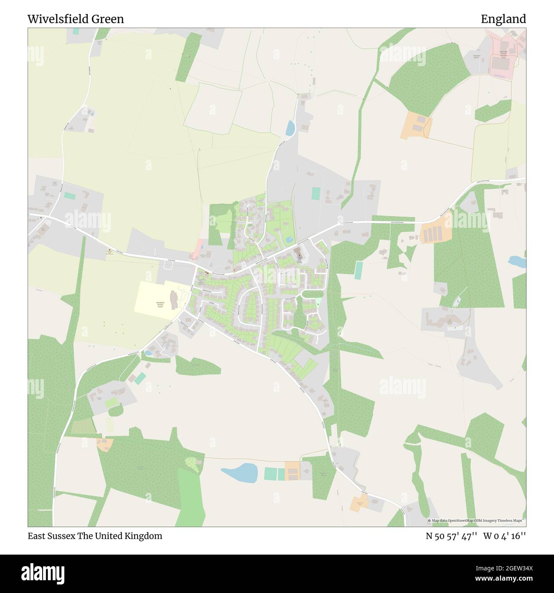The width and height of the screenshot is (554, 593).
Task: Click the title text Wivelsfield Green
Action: [x=76, y=19]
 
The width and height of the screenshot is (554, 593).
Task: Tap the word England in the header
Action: [x=503, y=19]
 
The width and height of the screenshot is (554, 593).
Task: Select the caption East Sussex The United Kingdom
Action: [x=95, y=536]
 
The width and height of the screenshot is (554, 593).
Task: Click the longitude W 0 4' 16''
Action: [x=505, y=536]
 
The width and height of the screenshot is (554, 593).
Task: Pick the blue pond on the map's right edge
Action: [x=517, y=261]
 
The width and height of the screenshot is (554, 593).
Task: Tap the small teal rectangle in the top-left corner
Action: [x=76, y=31]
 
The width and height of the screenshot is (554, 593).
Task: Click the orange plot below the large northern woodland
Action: [x=415, y=125]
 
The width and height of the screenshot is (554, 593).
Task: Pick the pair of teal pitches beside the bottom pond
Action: [x=274, y=473]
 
